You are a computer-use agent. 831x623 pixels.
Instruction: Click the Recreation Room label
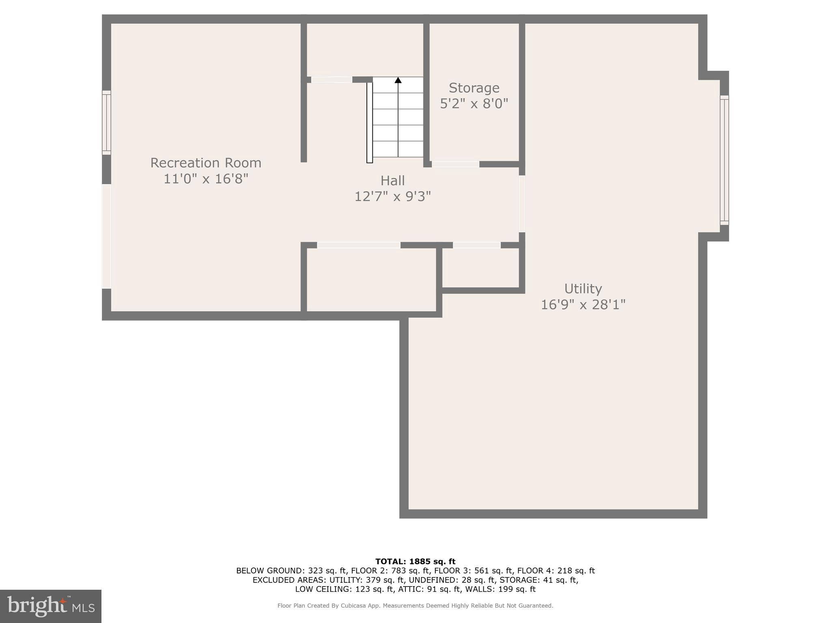(206, 163)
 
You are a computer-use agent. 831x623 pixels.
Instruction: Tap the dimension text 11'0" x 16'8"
(206, 179)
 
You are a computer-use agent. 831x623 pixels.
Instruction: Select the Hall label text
(392, 180)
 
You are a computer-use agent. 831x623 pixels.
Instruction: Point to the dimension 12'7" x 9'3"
(392, 197)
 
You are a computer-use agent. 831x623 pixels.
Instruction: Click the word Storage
(474, 88)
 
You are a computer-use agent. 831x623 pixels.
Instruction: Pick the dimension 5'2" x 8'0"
(474, 104)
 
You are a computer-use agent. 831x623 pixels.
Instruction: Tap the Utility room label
(583, 289)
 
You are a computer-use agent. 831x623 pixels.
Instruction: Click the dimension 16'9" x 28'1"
(583, 305)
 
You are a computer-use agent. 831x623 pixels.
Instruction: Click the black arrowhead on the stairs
(398, 80)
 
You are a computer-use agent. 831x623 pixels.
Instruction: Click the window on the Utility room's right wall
(724, 160)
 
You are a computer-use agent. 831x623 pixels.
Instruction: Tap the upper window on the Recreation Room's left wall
(106, 122)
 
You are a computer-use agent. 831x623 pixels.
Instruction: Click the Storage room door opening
(455, 164)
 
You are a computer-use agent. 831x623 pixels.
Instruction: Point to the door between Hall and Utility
(522, 204)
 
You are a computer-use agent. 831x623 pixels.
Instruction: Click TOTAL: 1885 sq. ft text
(415, 561)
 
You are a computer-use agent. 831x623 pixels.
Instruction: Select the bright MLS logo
(51, 606)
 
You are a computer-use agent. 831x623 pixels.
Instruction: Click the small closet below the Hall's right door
(480, 268)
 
